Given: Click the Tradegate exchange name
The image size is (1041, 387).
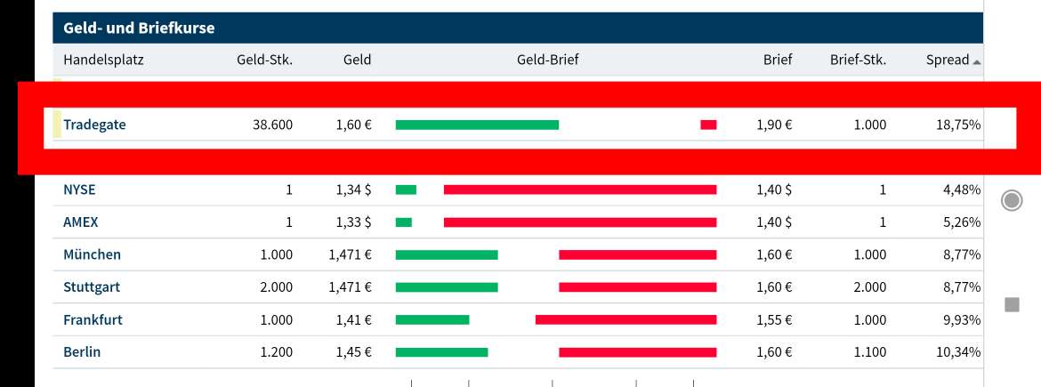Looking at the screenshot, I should click(94, 125).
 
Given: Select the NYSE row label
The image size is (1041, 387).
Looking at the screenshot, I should click(79, 189).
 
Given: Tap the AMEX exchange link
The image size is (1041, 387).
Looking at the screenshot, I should click(80, 222).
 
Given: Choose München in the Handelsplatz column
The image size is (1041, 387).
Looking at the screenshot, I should click(92, 254).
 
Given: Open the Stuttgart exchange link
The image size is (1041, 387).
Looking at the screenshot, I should click(92, 287).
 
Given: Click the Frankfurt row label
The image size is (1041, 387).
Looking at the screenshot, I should click(93, 319).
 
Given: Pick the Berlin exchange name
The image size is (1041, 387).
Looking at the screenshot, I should click(82, 352).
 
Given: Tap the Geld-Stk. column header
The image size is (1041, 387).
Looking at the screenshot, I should click(264, 60).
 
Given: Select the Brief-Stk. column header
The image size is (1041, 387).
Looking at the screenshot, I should click(858, 60).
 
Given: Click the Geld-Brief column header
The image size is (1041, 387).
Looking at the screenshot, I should click(547, 60).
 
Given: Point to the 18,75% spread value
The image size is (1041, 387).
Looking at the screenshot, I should click(958, 125).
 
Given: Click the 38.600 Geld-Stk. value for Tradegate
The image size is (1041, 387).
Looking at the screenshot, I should click(272, 125).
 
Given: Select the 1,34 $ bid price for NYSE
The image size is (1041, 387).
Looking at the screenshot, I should click(353, 189).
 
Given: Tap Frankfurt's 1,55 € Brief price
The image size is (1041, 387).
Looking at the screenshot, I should click(774, 319).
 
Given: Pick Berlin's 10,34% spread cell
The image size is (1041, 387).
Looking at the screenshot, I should click(958, 352).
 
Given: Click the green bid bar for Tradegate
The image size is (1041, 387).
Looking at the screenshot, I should click(477, 125).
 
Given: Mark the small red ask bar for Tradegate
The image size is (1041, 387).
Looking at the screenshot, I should click(708, 125).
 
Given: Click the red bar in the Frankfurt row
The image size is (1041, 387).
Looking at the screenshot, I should click(625, 319).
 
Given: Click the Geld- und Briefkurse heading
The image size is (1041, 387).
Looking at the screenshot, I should click(139, 28).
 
